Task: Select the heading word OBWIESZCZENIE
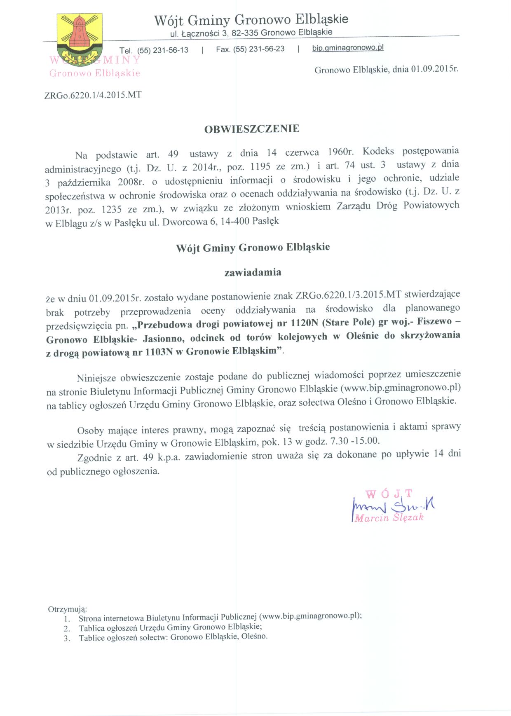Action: point(252,129)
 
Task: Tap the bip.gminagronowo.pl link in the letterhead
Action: point(347,48)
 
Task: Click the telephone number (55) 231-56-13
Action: point(163,50)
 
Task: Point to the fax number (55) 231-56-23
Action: point(259,49)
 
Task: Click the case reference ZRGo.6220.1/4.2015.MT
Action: point(93,95)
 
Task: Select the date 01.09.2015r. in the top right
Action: point(434,69)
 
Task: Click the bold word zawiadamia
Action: point(253,272)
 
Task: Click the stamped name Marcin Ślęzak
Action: point(389,518)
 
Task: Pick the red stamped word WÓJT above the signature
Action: point(389,494)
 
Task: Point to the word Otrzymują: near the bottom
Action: point(68,609)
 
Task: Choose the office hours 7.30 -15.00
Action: point(354,441)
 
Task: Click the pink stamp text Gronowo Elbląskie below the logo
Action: point(95,73)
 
